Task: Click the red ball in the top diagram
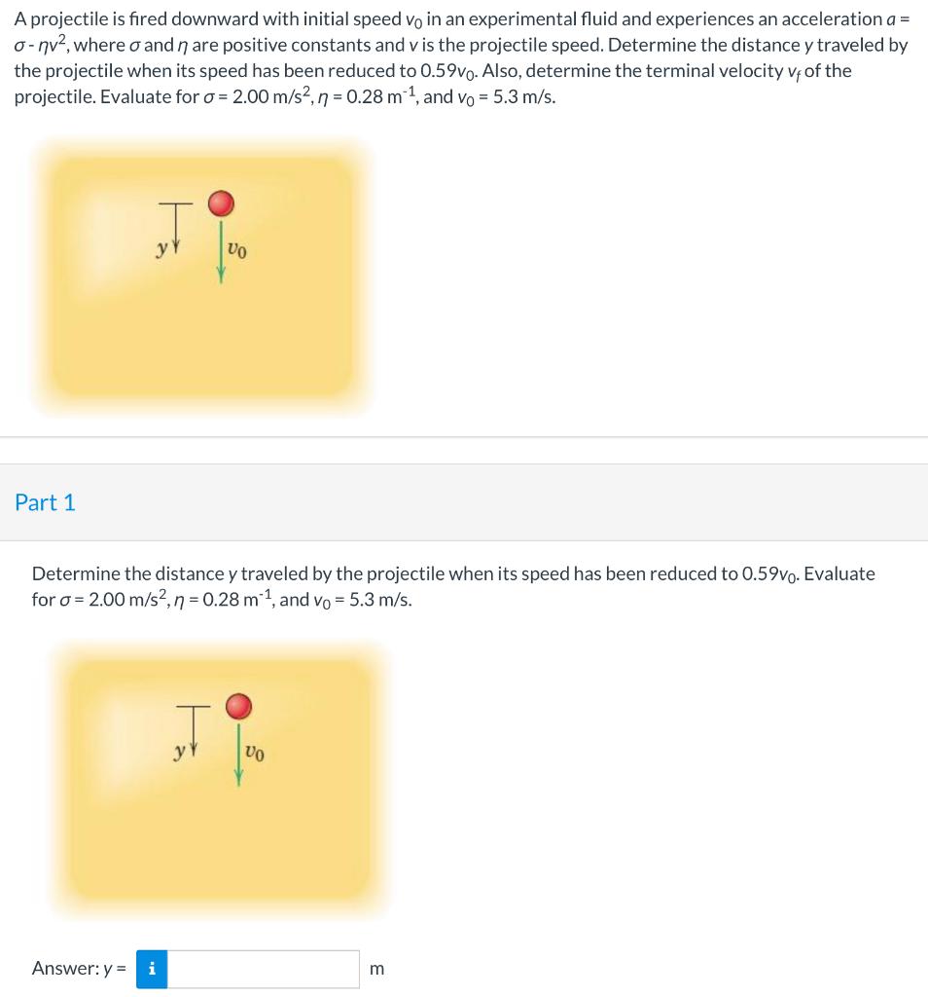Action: click(222, 203)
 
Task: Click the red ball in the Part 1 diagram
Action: click(239, 705)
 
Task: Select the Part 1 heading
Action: click(45, 502)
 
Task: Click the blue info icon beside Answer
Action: click(152, 969)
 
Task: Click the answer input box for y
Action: click(264, 969)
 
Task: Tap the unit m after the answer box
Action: click(377, 970)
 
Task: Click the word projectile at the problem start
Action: click(65, 19)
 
